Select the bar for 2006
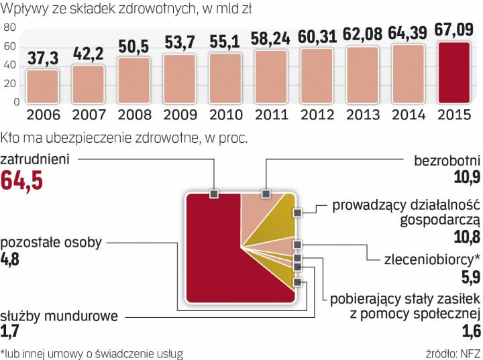coord(42,86)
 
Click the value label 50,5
coord(133,47)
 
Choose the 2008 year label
coord(133,114)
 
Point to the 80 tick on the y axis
coord(9,28)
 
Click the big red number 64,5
coord(23,181)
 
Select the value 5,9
coord(468,277)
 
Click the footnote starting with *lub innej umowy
coord(92,353)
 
